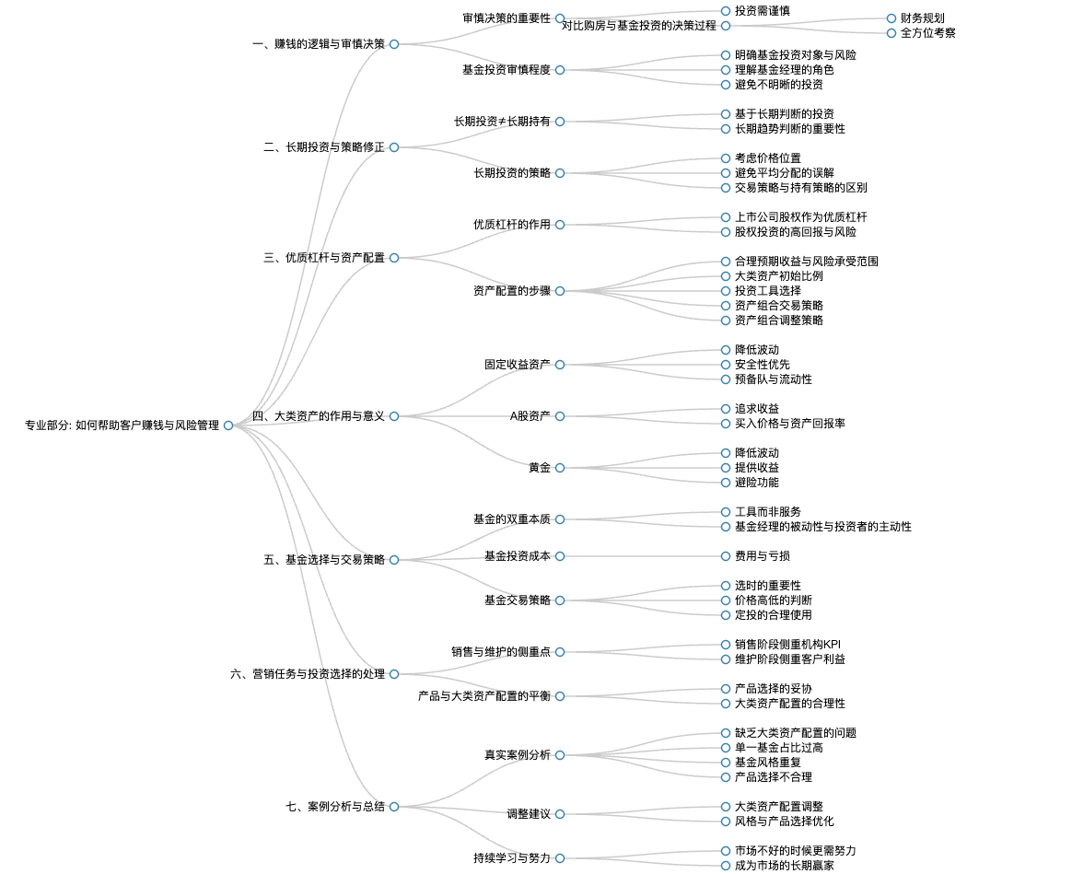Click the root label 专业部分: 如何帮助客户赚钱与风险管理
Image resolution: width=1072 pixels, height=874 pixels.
pyautogui.click(x=122, y=425)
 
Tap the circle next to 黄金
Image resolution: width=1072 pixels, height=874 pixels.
pyautogui.click(x=560, y=468)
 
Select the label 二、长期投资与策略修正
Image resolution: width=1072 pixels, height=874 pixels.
pyautogui.click(x=324, y=147)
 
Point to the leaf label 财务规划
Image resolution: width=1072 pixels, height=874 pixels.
pyautogui.click(x=922, y=18)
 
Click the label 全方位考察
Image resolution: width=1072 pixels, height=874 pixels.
pyautogui.click(x=927, y=33)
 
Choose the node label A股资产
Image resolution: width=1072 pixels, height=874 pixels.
pyautogui.click(x=530, y=415)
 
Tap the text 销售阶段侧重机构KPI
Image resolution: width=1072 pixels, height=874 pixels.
pyautogui.click(x=787, y=644)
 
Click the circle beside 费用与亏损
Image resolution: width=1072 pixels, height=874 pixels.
pyautogui.click(x=726, y=556)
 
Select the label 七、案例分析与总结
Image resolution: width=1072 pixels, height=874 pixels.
pyautogui.click(x=335, y=806)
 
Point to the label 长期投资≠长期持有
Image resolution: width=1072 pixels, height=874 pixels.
pyautogui.click(x=502, y=121)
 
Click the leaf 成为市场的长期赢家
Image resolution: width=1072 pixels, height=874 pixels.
pyautogui.click(x=784, y=865)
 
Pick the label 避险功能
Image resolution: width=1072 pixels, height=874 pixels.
pyautogui.click(x=757, y=483)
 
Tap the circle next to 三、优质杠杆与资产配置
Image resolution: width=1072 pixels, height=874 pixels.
pyautogui.click(x=394, y=258)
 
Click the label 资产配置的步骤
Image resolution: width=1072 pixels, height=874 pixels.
pyautogui.click(x=511, y=291)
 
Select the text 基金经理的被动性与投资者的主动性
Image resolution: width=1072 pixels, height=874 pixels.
pyautogui.click(x=823, y=527)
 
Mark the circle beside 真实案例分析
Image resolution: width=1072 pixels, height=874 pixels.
pyautogui.click(x=560, y=755)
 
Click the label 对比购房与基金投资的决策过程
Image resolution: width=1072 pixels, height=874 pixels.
pyautogui.click(x=638, y=25)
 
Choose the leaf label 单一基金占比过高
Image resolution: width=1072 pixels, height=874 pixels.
pyautogui.click(x=779, y=748)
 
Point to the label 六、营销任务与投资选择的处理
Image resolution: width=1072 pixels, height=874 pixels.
pyautogui.click(x=308, y=673)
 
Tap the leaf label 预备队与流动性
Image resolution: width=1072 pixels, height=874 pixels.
pyautogui.click(x=774, y=379)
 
